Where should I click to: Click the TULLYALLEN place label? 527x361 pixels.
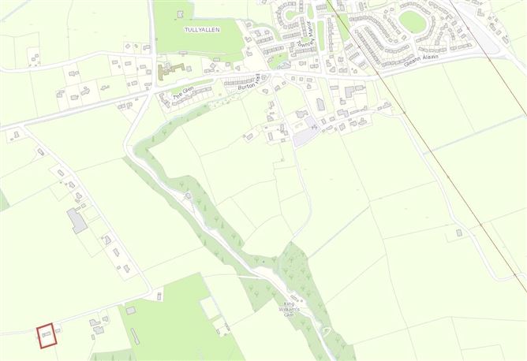201,29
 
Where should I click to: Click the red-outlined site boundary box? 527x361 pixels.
47,335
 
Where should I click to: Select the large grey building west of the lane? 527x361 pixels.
77,221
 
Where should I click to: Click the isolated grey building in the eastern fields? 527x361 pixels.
459,233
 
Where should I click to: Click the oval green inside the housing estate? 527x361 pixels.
411,21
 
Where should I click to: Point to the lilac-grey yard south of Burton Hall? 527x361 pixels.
303,137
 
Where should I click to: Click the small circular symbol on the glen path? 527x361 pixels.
188,195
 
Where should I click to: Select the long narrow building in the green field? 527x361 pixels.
135,336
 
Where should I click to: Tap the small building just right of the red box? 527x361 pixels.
58,329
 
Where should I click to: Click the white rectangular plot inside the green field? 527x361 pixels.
208,307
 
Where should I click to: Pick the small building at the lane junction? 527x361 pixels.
159,296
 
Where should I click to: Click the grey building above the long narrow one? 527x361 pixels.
130,311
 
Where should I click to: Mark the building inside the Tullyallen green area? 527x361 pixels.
181,13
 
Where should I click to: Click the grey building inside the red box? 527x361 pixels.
47,335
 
